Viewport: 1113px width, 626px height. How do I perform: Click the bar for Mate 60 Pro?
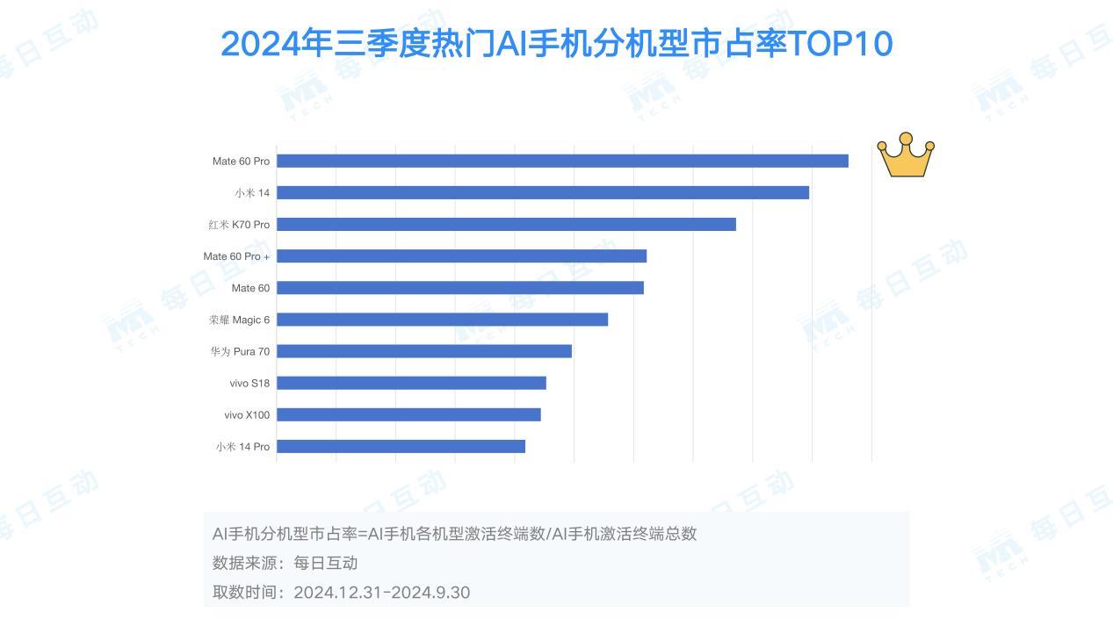pos(562,161)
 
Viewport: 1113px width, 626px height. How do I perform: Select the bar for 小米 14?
pos(542,192)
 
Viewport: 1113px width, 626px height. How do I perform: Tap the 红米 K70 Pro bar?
pos(506,224)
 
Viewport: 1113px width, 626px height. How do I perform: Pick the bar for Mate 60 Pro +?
pos(461,255)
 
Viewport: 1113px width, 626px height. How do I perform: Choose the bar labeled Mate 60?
pos(459,288)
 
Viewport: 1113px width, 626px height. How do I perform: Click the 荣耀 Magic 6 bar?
pos(442,320)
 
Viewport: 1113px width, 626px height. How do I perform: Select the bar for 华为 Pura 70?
pos(423,351)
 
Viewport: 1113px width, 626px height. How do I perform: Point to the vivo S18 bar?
pos(411,383)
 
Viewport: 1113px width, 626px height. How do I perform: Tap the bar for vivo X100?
pos(408,414)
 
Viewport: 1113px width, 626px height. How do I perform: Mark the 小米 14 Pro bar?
pos(401,446)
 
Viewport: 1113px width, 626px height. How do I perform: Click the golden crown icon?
pos(906,155)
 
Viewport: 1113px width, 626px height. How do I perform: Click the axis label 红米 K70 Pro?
pos(239,225)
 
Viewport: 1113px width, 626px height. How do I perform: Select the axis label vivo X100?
pos(247,414)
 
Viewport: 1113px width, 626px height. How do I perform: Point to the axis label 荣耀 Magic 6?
pos(239,320)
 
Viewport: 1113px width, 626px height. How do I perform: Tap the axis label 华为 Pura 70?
pos(240,351)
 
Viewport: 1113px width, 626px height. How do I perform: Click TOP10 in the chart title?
pos(841,44)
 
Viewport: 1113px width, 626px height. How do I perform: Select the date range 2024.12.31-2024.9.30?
pos(381,592)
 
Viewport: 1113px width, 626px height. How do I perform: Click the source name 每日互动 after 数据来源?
pos(325,563)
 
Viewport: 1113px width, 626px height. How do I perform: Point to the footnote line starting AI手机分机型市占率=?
pos(454,533)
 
